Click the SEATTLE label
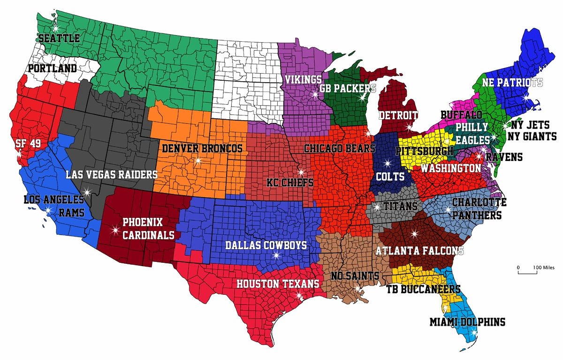(59, 38)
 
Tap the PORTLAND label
(53, 69)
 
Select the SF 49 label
(28, 144)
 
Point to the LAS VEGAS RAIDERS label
(112, 175)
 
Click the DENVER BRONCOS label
(202, 149)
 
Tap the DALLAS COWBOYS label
(266, 245)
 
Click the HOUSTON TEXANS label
(278, 284)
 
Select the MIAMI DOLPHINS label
(467, 322)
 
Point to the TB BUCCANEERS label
(423, 289)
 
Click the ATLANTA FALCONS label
(419, 251)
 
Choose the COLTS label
(390, 177)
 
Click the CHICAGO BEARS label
(340, 148)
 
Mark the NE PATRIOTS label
(513, 83)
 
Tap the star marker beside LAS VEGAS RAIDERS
(86, 191)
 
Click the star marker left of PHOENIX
(115, 230)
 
